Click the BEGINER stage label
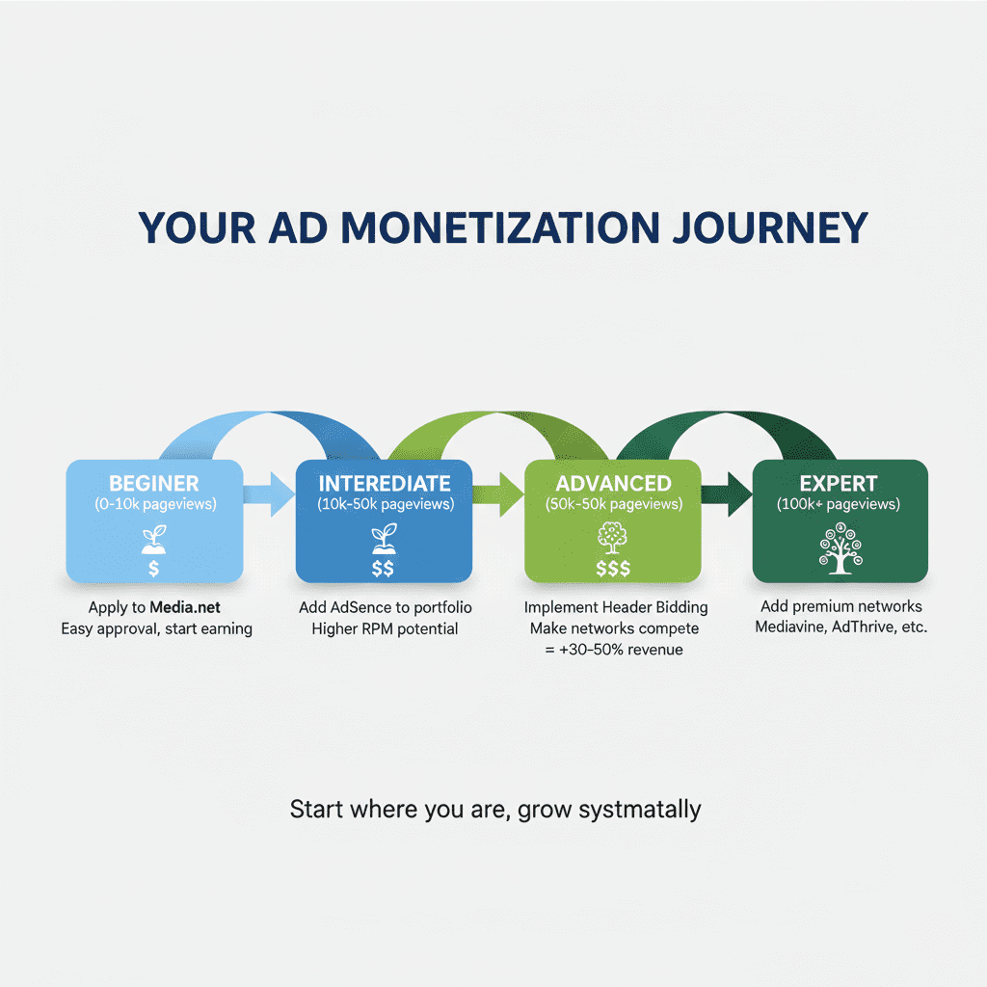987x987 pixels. (154, 483)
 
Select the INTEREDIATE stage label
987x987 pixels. (384, 483)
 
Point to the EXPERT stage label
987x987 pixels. (840, 483)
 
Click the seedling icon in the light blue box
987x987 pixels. (153, 539)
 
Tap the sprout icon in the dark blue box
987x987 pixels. (383, 538)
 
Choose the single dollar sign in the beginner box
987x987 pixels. (153, 570)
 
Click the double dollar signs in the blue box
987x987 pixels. (383, 569)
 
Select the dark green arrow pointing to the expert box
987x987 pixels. (728, 495)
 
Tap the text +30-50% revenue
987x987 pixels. (614, 650)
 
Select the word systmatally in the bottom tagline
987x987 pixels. (640, 809)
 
